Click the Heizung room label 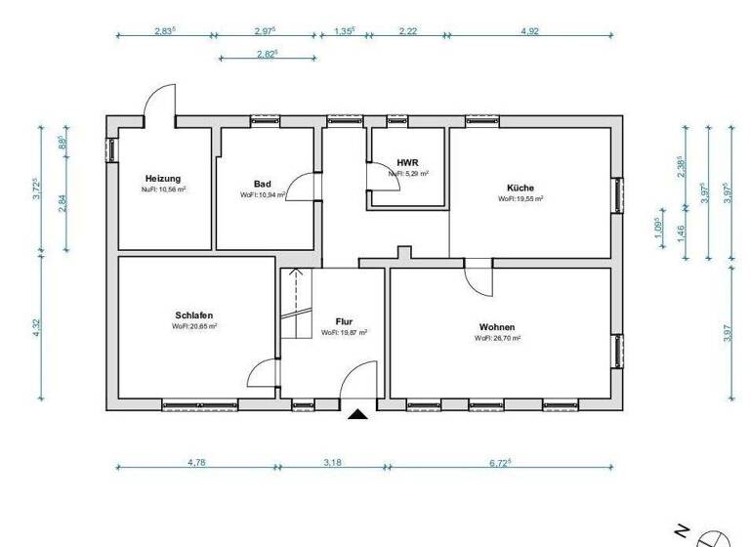coord(163,179)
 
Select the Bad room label coord(262,184)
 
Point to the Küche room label coord(521,188)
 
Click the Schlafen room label coord(194,316)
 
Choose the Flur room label coord(344,321)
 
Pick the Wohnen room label coord(497,327)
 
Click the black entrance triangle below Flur coord(357,414)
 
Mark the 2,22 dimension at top coord(408,31)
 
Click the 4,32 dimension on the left coord(37,327)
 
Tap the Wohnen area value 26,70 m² coord(497,338)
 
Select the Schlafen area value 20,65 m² coord(194,326)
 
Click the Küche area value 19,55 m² coord(521,198)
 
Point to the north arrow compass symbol coord(714,536)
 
